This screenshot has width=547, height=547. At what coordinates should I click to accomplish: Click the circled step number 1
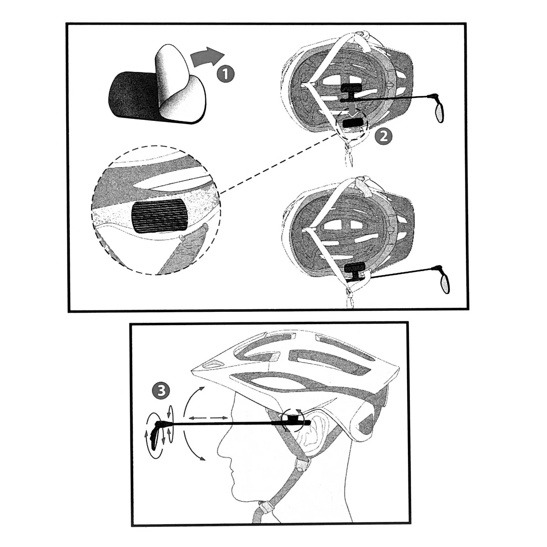225,74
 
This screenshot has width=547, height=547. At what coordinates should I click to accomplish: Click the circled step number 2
383,136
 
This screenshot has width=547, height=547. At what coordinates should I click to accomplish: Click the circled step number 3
161,390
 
